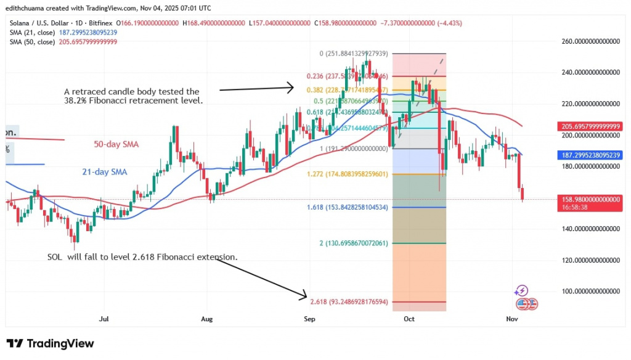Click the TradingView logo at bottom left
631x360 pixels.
point(50,343)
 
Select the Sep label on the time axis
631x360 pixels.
point(310,319)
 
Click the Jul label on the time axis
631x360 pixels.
point(104,319)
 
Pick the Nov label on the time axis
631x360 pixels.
point(511,319)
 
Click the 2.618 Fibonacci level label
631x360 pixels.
point(350,301)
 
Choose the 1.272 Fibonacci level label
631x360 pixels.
point(350,174)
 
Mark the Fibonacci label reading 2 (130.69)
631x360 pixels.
point(354,243)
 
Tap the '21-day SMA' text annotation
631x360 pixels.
point(105,172)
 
